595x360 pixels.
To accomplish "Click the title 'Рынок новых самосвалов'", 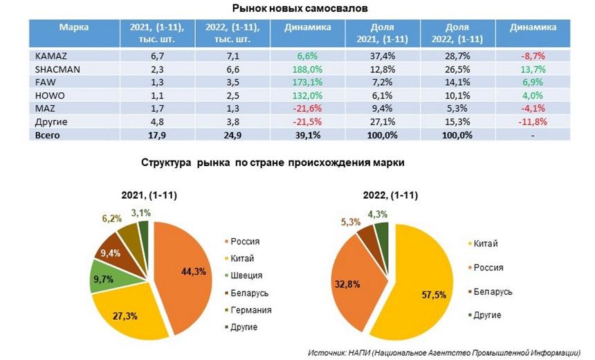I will tap(299, 8).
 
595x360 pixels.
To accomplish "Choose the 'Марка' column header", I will tap(73, 27).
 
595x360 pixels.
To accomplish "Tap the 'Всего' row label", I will tap(48, 135).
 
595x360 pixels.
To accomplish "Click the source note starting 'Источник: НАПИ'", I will tap(443, 352).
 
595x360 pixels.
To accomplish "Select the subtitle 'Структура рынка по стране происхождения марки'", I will tap(273, 163).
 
